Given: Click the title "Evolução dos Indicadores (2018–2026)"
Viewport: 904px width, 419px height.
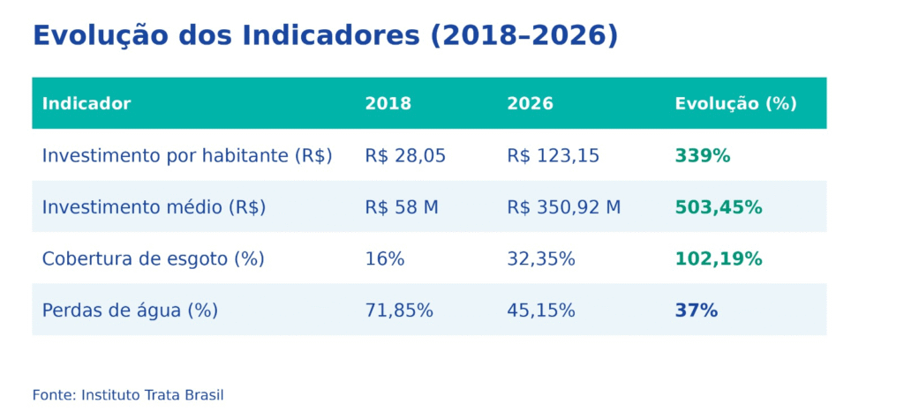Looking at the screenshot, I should (325, 35).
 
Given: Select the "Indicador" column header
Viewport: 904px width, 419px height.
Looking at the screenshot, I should (87, 103).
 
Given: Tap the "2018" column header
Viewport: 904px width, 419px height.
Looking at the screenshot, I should (388, 103).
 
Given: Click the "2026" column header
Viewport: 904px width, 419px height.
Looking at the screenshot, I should (530, 103).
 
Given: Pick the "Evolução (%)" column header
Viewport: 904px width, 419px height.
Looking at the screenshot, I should (735, 103).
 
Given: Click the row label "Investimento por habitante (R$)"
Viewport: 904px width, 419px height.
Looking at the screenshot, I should (187, 156).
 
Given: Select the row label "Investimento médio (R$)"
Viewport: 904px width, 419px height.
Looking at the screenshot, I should (154, 207).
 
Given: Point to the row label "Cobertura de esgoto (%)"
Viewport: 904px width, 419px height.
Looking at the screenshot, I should (153, 259).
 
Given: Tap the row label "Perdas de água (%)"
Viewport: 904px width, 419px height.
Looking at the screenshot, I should (130, 311).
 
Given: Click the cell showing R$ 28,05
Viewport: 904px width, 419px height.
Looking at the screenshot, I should (405, 156).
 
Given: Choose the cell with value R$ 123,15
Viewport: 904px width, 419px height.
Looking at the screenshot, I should (553, 156).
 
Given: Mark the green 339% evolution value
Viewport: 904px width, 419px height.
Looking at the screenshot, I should (703, 156).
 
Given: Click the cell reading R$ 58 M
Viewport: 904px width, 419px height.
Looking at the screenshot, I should (402, 207).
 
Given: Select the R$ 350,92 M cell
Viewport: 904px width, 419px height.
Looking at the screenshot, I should (563, 207).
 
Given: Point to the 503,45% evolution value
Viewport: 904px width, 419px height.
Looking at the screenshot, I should (718, 207).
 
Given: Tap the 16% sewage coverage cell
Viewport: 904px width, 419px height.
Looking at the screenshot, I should (384, 259).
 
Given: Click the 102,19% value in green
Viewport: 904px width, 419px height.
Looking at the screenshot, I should (718, 259).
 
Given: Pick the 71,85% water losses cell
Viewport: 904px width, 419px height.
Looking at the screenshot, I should (399, 311).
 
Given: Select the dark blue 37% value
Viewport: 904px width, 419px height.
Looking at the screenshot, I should (696, 311).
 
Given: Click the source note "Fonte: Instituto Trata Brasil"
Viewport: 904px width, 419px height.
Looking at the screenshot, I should (128, 395).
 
